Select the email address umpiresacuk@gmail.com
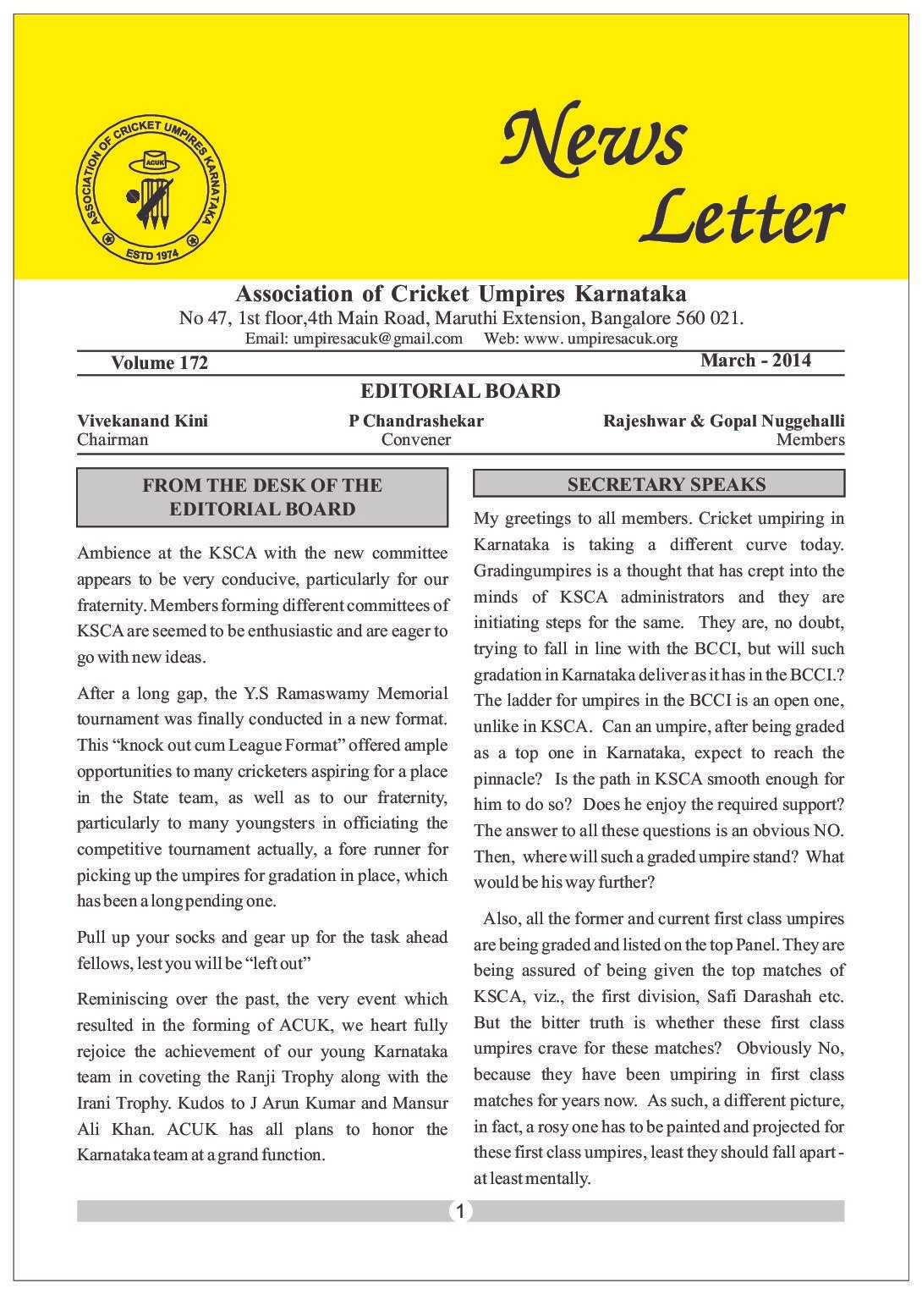tap(378, 339)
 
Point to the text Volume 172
tap(159, 363)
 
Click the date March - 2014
tap(755, 361)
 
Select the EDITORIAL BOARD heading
tap(460, 391)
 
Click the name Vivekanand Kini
tap(142, 421)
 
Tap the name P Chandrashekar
tap(416, 421)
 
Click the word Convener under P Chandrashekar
tap(415, 439)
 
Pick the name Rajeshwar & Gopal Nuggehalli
tap(723, 421)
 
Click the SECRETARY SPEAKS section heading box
tap(659, 484)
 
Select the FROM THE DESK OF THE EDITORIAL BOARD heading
tap(262, 497)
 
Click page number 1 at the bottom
tap(459, 1211)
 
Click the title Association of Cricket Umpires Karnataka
tap(460, 295)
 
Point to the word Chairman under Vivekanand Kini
tap(113, 439)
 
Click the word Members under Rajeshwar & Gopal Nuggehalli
tap(810, 439)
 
